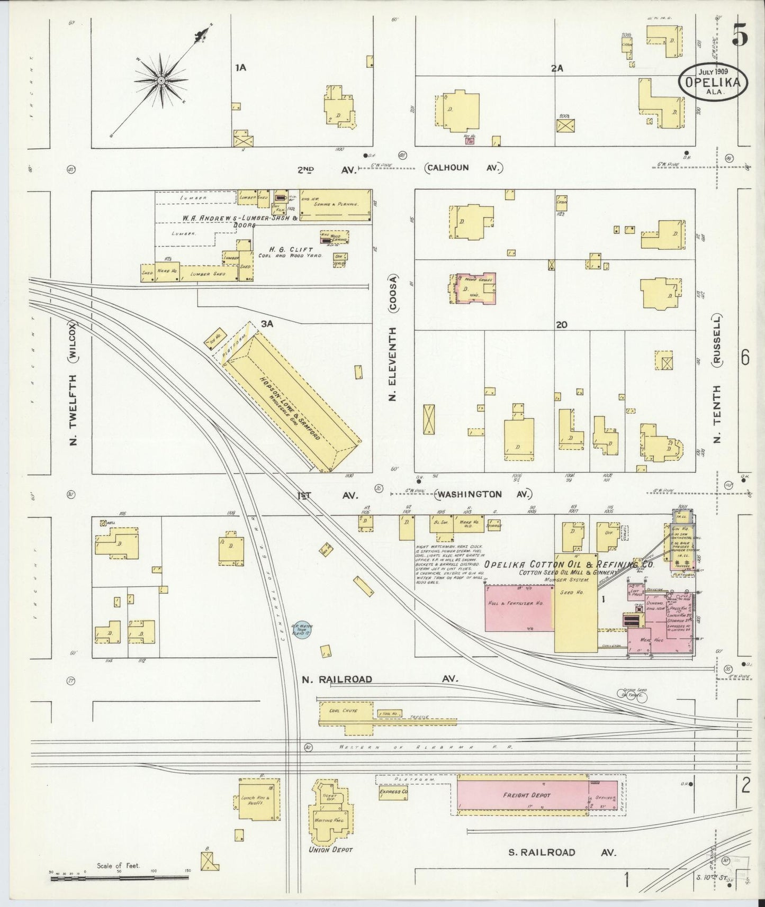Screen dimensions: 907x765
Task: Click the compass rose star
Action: tap(160, 80)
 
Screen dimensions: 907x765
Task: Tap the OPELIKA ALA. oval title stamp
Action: tap(714, 82)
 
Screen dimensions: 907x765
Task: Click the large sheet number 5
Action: tap(740, 36)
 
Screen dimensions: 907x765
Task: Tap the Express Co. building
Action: tap(393, 792)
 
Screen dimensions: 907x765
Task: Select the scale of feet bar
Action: tap(119, 878)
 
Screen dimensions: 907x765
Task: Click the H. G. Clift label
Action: tap(291, 249)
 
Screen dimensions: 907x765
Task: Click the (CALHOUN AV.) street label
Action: tap(463, 168)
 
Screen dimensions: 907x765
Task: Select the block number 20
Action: tap(562, 324)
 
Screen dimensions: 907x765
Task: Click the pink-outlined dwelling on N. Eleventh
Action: tap(476, 289)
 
